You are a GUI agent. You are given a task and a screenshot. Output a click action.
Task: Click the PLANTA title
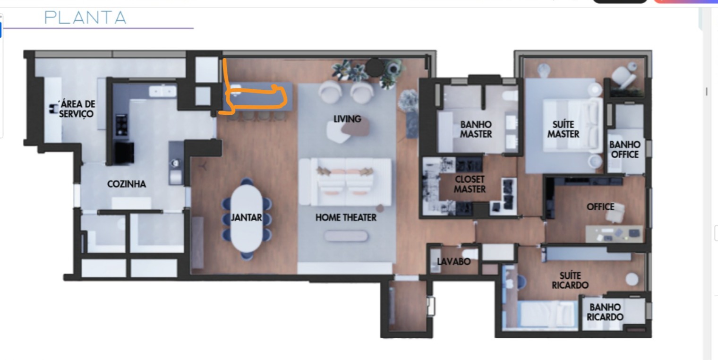click(x=85, y=17)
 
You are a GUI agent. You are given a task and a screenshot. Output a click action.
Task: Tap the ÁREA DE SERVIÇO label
click(x=77, y=109)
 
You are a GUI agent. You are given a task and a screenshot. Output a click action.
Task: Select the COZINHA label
click(x=126, y=184)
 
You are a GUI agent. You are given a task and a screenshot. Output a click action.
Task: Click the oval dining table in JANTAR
click(x=247, y=218)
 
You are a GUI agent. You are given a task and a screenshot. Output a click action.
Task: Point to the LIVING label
click(x=347, y=119)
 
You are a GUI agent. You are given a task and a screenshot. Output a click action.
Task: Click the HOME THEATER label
click(x=346, y=217)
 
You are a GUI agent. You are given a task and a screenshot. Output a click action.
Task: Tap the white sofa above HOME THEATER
click(x=345, y=182)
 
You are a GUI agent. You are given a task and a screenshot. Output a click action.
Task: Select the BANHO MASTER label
click(x=476, y=129)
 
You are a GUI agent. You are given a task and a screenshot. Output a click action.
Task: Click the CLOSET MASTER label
click(x=470, y=184)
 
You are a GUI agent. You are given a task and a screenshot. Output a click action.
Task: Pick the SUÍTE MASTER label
click(x=563, y=129)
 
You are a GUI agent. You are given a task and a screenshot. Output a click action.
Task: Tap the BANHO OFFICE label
click(x=625, y=149)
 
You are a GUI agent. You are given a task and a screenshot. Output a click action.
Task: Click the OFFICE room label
click(x=600, y=207)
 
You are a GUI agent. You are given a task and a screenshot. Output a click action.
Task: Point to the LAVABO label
click(x=453, y=262)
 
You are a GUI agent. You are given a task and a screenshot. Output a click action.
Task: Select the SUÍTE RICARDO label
click(x=570, y=281)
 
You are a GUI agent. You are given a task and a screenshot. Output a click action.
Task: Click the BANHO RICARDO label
click(x=605, y=312)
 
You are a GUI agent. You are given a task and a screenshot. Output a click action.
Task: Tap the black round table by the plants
click(x=375, y=68)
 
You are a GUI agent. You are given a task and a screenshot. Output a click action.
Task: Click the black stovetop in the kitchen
click(x=121, y=125)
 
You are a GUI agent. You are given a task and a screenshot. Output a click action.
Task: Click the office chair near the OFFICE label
click(x=615, y=213)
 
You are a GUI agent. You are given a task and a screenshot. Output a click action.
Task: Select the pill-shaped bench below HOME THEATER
click(x=346, y=236)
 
